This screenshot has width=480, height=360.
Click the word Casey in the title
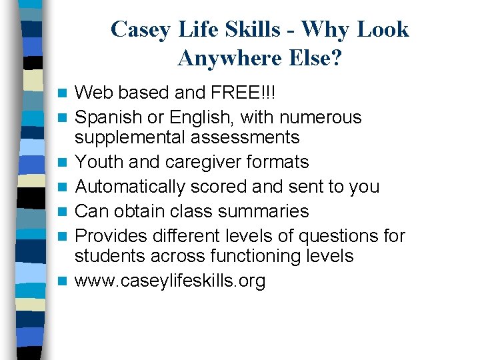click(137, 30)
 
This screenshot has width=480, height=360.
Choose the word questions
click(336, 236)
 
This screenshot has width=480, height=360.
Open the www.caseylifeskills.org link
click(170, 281)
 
